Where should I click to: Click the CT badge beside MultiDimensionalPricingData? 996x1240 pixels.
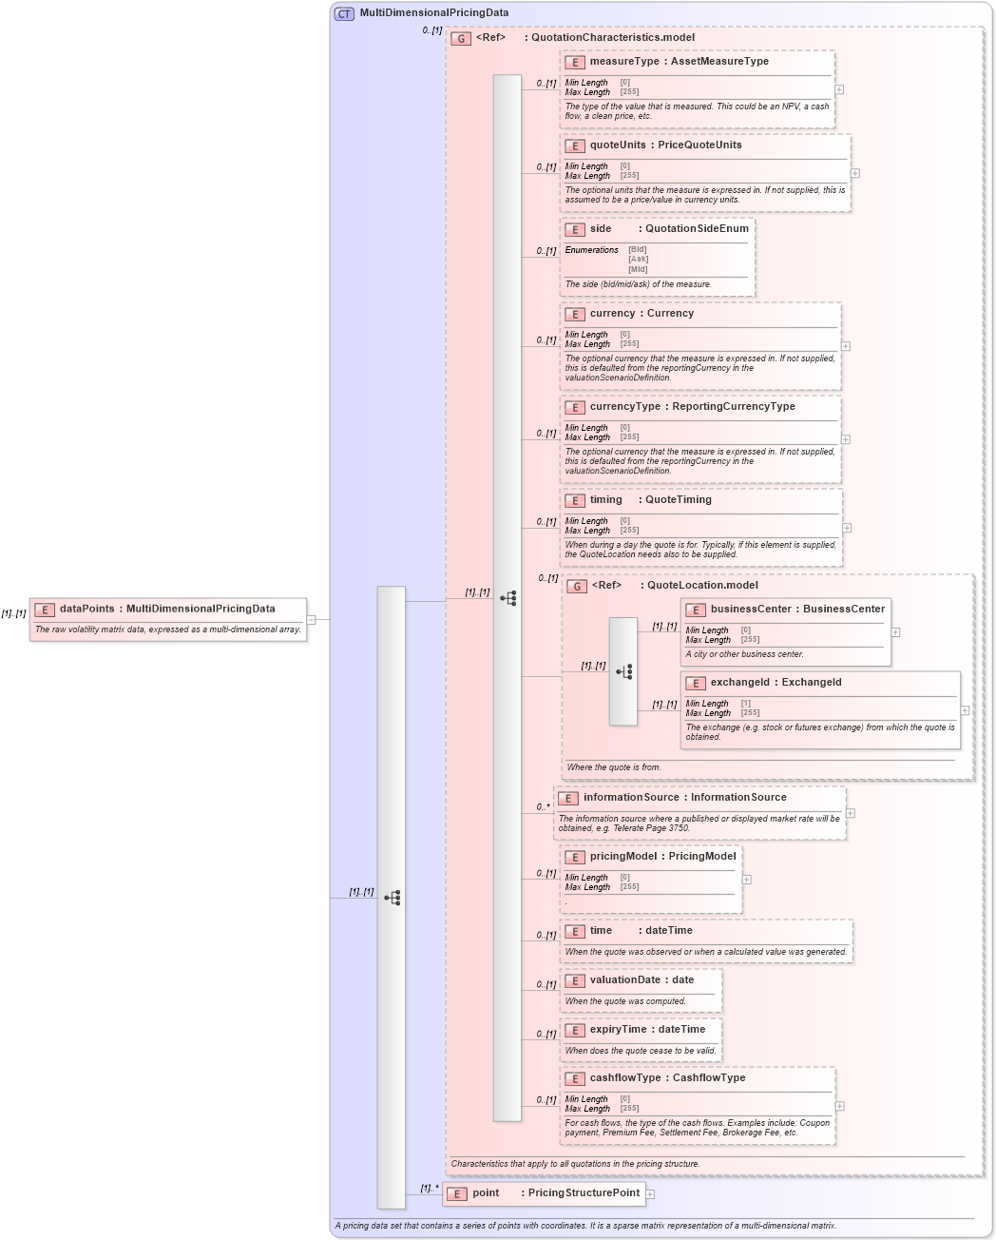[344, 13]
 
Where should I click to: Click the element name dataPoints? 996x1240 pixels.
[86, 609]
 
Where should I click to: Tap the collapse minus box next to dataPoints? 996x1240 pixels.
[311, 620]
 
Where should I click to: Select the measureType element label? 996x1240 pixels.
[624, 62]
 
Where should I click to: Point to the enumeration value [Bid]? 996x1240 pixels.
[637, 250]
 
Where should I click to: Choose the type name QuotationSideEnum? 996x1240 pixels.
[697, 229]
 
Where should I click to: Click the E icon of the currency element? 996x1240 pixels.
[575, 314]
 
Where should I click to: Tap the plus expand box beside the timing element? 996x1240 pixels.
[847, 528]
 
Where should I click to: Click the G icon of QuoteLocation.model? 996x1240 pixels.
[577, 586]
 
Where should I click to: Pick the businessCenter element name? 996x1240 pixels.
[750, 610]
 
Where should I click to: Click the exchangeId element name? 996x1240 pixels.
[741, 683]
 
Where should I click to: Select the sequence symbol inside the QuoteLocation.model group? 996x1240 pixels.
[623, 671]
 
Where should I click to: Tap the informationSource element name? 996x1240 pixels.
[631, 798]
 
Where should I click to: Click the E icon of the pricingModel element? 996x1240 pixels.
[575, 857]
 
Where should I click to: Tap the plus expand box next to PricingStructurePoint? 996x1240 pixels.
[650, 1194]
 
